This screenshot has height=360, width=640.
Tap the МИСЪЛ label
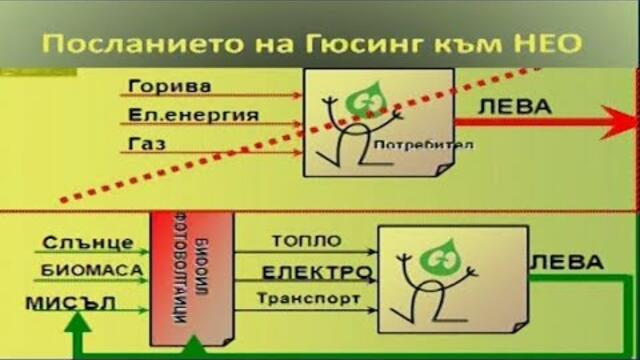pyautogui.click(x=78, y=300)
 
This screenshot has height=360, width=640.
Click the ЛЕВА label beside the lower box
pyautogui.click(x=567, y=262)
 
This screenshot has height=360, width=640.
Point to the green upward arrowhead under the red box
pyautogui.click(x=192, y=349)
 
